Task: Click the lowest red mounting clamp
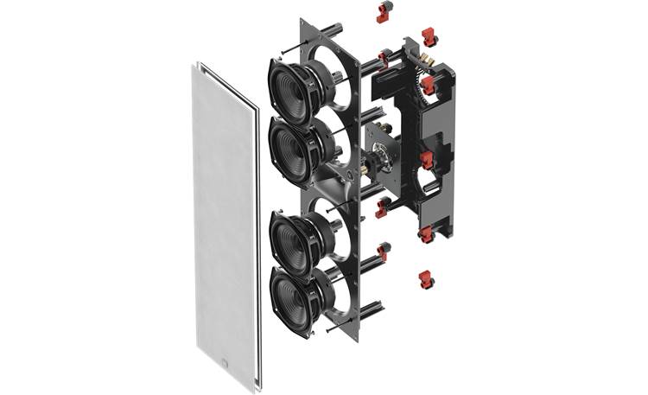pos(425,278)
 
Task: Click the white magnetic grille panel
pos(223,225)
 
